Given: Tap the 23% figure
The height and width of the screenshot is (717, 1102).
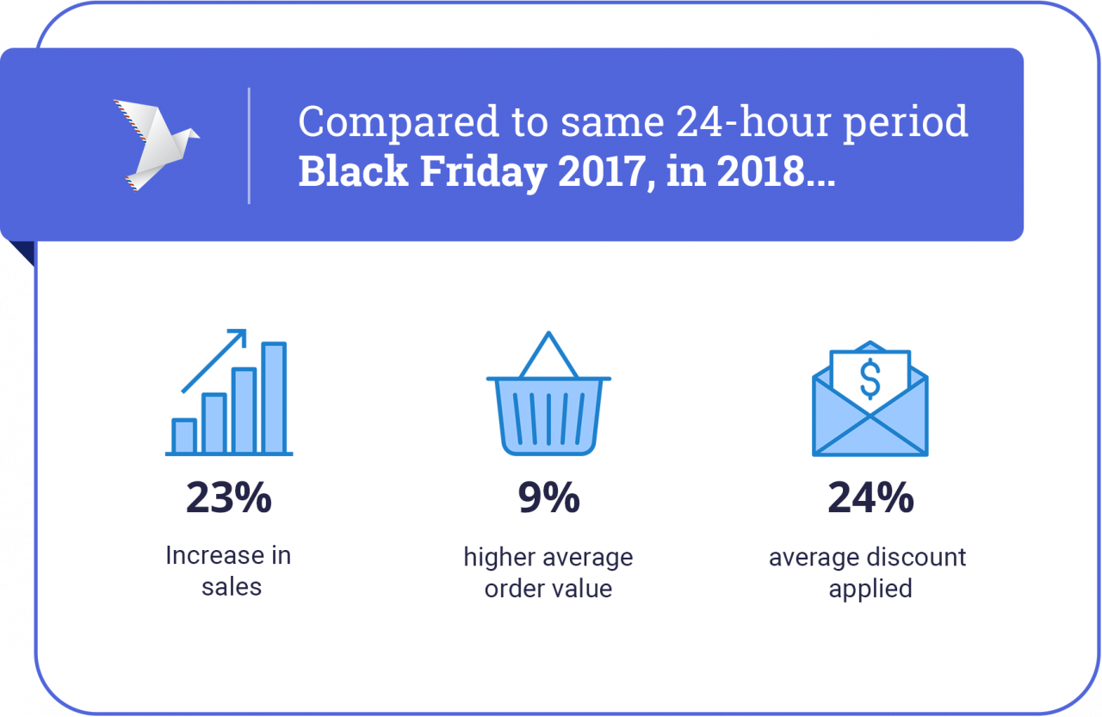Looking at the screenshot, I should pos(229,498).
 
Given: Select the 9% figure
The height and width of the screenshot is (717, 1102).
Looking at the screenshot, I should pos(548,498).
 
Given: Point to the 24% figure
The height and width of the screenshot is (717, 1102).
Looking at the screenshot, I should pos(870,498).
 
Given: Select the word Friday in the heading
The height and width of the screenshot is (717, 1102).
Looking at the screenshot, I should pos(483,171).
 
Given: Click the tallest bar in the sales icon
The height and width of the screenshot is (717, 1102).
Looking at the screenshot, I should pos(274,398).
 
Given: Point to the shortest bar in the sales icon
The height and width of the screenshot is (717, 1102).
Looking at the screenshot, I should pos(183,436).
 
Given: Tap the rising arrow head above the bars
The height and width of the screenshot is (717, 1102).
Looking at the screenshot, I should pos(239,336).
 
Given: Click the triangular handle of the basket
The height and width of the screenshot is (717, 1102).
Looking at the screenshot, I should pos(548,355).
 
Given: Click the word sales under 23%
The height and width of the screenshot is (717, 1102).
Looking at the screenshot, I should pos(231,588).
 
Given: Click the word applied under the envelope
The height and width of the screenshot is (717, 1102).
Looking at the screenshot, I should pos(870,590).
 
